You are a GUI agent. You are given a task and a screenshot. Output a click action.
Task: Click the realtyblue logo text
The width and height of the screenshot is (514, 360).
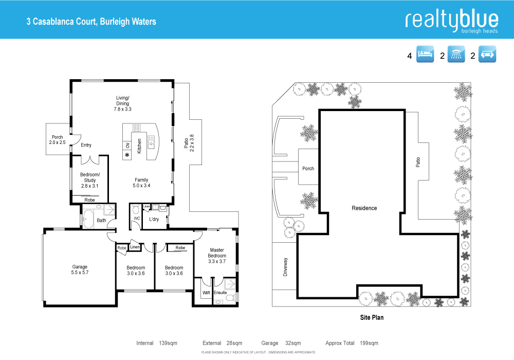pos(451,20)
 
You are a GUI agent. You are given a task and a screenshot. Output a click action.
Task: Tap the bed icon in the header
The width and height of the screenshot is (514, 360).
pos(425,55)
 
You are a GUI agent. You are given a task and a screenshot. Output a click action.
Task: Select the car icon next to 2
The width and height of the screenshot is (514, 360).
pos(487,55)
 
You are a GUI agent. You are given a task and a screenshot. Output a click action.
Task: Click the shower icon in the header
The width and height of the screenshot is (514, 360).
pos(456,55)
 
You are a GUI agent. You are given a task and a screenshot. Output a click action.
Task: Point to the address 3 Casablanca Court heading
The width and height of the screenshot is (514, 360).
pos(91,22)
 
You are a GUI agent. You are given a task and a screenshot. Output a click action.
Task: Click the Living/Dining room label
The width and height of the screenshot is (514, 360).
pos(122,103)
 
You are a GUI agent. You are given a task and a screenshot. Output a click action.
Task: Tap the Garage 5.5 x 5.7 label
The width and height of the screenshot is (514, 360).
pos(80,270)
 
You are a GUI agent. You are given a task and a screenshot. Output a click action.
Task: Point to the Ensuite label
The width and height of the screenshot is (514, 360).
pos(221,293)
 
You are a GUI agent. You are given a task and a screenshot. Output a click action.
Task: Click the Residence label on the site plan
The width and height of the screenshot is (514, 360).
pos(364,208)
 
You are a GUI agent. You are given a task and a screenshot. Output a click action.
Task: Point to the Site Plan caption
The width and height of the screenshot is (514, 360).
pos(371,317)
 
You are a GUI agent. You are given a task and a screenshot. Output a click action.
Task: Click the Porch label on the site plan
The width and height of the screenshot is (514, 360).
pos(308,169)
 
